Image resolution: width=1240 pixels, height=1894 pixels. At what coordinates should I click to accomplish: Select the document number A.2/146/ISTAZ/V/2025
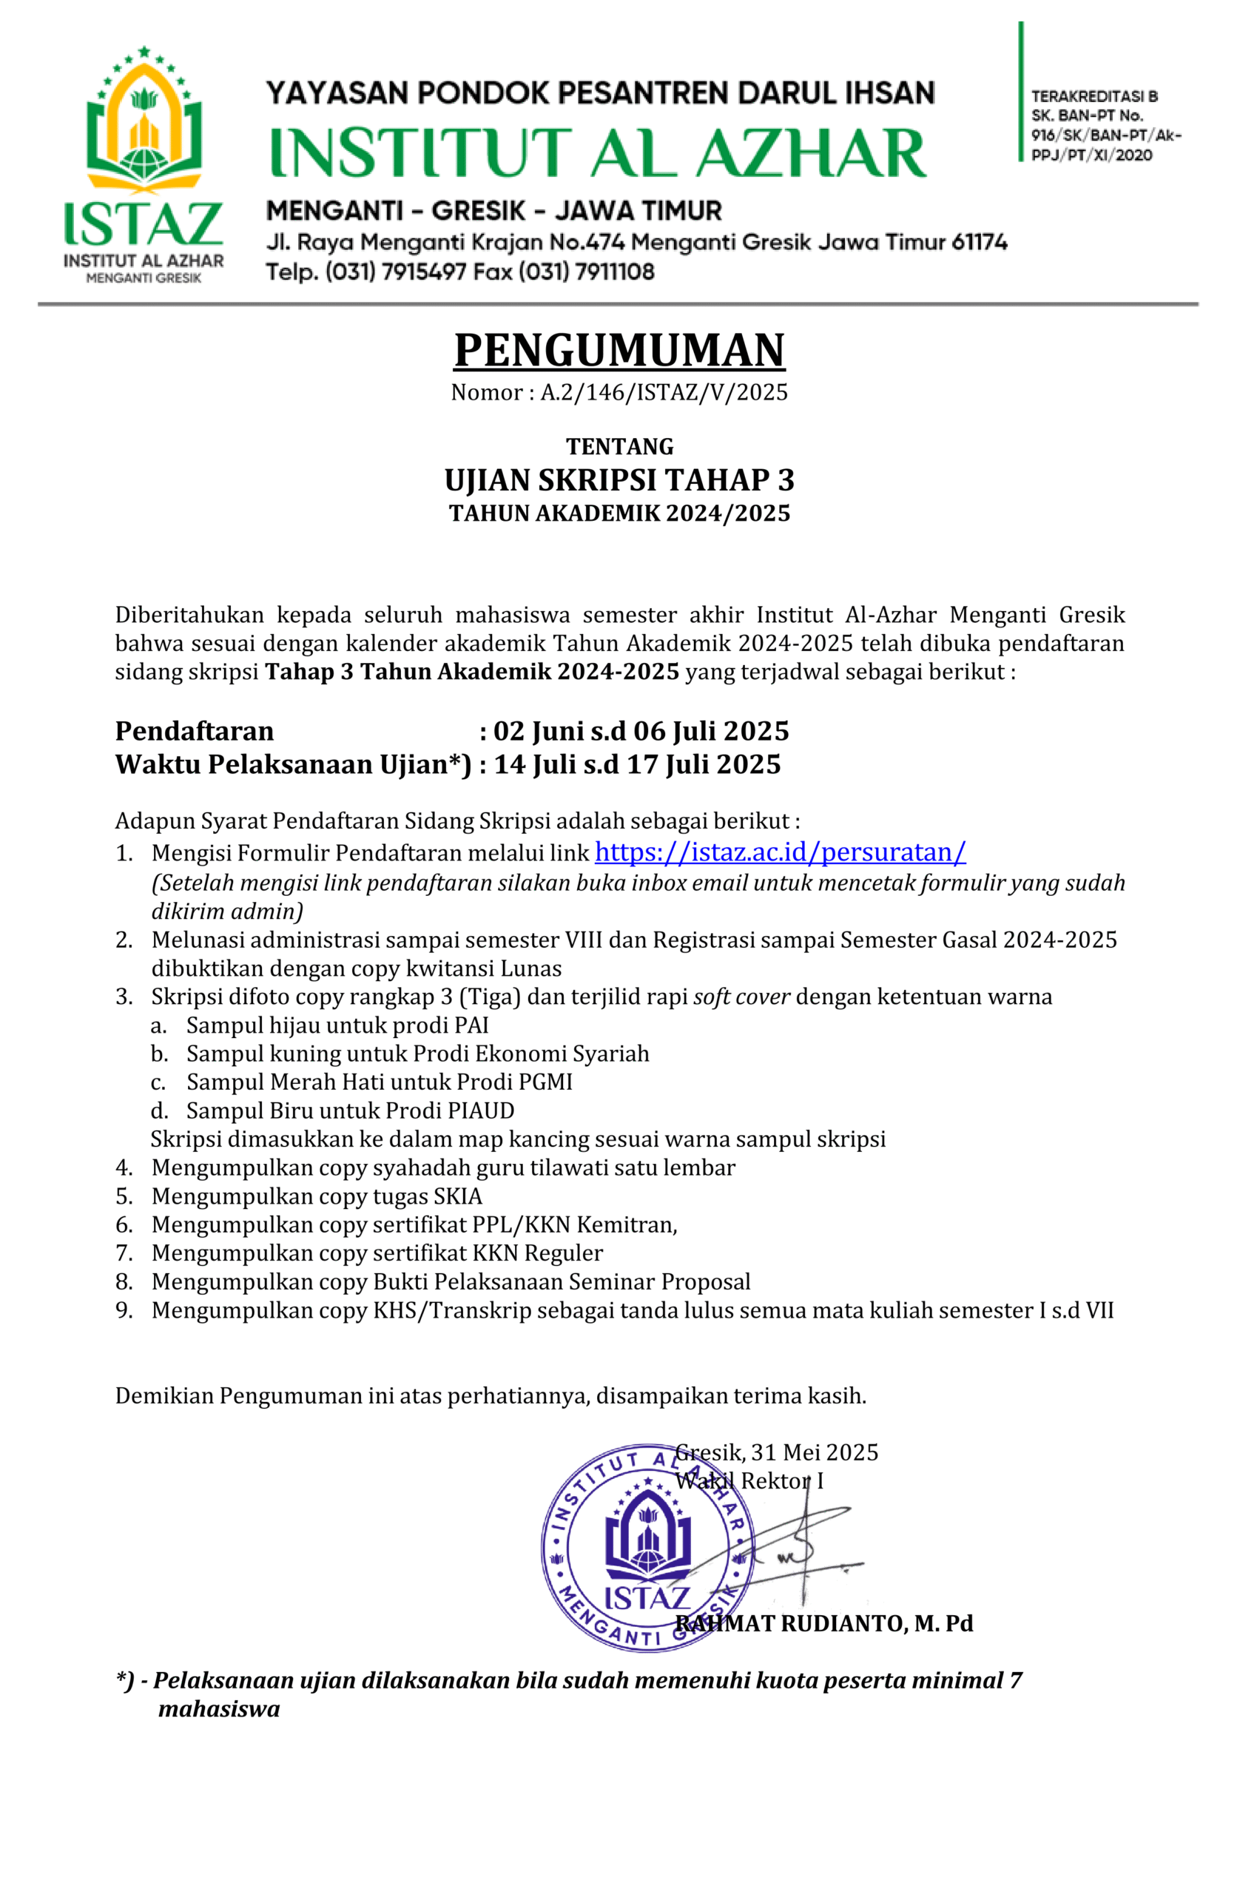(x=664, y=392)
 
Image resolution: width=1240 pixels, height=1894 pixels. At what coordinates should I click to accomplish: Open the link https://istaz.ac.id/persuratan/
(x=780, y=852)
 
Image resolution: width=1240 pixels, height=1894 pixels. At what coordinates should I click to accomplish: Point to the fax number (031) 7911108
(x=587, y=272)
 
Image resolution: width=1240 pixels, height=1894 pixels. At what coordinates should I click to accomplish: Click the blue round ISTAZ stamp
(x=646, y=1548)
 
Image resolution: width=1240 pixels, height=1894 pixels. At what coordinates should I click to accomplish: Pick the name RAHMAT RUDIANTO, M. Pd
(x=823, y=1623)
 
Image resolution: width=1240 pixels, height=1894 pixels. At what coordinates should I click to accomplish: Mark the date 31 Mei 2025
(x=814, y=1452)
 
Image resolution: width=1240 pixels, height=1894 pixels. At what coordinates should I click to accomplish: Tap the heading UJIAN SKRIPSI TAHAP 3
(x=619, y=480)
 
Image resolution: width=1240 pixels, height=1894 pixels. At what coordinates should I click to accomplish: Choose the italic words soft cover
(x=742, y=997)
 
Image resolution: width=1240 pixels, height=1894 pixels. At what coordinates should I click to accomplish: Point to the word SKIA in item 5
(x=458, y=1196)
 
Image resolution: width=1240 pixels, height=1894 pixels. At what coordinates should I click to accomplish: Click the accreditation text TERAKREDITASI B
(x=1094, y=96)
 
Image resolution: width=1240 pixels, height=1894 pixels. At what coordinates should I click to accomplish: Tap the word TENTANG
(x=619, y=445)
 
